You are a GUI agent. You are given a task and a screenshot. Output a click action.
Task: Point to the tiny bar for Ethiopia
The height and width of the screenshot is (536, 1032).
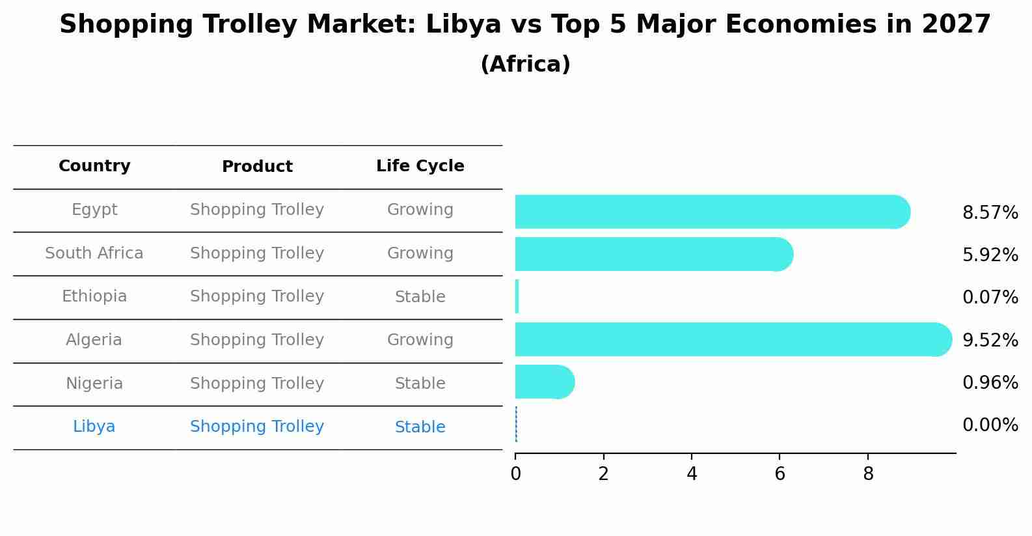tap(517, 296)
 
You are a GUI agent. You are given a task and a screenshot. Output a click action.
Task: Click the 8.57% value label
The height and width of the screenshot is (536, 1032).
tap(990, 213)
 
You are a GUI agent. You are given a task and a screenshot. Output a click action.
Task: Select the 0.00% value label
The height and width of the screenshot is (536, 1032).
tap(990, 425)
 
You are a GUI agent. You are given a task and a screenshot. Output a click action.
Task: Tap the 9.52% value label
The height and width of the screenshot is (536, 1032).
tap(990, 340)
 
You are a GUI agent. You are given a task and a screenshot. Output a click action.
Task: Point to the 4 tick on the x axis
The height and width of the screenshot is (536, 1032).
tap(692, 474)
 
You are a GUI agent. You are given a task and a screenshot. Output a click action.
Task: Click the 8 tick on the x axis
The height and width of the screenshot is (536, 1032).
tap(868, 474)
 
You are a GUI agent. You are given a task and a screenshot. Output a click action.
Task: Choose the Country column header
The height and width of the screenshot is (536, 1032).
tap(94, 166)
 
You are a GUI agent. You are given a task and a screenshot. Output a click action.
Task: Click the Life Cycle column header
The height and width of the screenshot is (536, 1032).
tap(420, 166)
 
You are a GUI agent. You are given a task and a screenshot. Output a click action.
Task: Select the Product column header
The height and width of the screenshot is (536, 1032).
tap(257, 167)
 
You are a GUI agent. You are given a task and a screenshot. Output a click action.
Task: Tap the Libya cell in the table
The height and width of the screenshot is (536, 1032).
tap(94, 427)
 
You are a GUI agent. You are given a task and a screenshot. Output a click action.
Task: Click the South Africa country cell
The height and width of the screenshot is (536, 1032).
tap(94, 253)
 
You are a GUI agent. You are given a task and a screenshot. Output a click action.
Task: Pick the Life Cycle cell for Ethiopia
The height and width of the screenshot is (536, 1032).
tap(420, 297)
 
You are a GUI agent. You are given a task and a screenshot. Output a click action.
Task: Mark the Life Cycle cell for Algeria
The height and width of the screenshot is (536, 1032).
tap(420, 340)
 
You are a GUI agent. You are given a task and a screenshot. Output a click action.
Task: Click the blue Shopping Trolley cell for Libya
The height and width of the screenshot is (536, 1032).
tap(257, 427)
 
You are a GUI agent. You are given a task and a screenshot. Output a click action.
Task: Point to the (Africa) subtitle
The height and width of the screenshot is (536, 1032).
tap(525, 64)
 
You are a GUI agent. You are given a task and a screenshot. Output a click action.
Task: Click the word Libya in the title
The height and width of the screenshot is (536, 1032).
tap(463, 25)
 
